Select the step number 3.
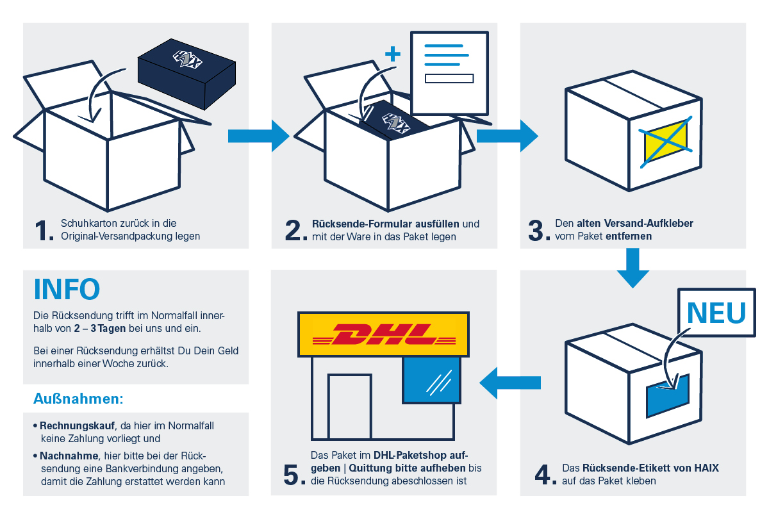click(538, 230)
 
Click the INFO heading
click(67, 289)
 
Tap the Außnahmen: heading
click(78, 399)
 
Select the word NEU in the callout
click(716, 312)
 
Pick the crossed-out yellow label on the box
click(665, 142)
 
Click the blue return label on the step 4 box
click(667, 395)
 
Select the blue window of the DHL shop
click(431, 380)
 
